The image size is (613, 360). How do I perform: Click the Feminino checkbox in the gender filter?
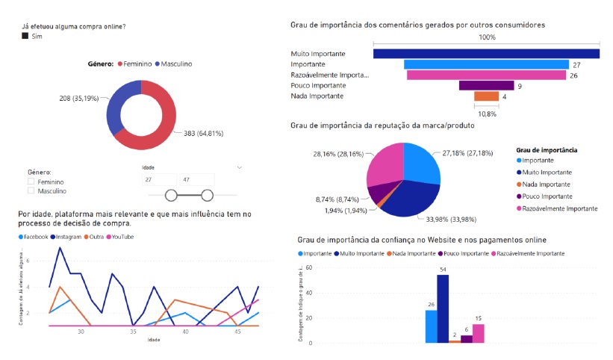click(31, 181)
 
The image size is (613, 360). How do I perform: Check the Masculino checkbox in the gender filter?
click(31, 191)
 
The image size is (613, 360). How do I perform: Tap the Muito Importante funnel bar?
click(485, 54)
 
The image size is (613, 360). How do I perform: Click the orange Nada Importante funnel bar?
click(486, 96)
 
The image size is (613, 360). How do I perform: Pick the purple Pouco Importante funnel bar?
click(486, 86)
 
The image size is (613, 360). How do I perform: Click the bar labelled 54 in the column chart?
click(443, 308)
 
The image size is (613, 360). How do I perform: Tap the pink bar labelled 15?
click(479, 333)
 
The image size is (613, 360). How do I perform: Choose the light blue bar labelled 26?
click(431, 326)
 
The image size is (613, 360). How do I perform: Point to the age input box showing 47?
click(196, 180)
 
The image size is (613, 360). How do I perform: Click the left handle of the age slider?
click(171, 196)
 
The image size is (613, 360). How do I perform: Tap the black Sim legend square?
click(25, 36)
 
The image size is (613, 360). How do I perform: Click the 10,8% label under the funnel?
click(486, 114)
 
